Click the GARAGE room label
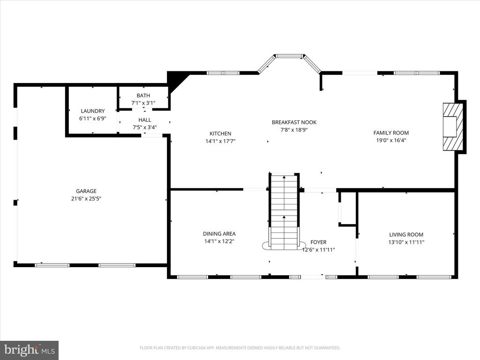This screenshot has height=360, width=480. click(86, 191)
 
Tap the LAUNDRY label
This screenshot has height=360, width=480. click(93, 111)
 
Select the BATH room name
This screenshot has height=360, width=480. click(143, 96)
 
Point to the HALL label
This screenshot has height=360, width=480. click(144, 120)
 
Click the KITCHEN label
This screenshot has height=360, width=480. click(220, 134)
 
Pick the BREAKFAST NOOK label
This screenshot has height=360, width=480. click(294, 122)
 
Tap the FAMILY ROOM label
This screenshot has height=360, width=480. click(391, 133)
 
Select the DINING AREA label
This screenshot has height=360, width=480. click(219, 233)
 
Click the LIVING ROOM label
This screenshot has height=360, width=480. click(406, 234)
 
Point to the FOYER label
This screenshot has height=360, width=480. click(318, 242)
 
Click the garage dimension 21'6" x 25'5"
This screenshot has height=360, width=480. click(86, 199)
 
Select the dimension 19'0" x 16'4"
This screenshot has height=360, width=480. click(391, 141)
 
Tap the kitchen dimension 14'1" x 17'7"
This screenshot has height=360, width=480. click(220, 141)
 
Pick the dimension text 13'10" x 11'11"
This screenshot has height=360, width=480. click(406, 242)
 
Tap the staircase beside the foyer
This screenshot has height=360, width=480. click(285, 211)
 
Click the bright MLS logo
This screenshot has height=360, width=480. click(30, 350)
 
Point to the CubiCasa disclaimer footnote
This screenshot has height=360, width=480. click(240, 348)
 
